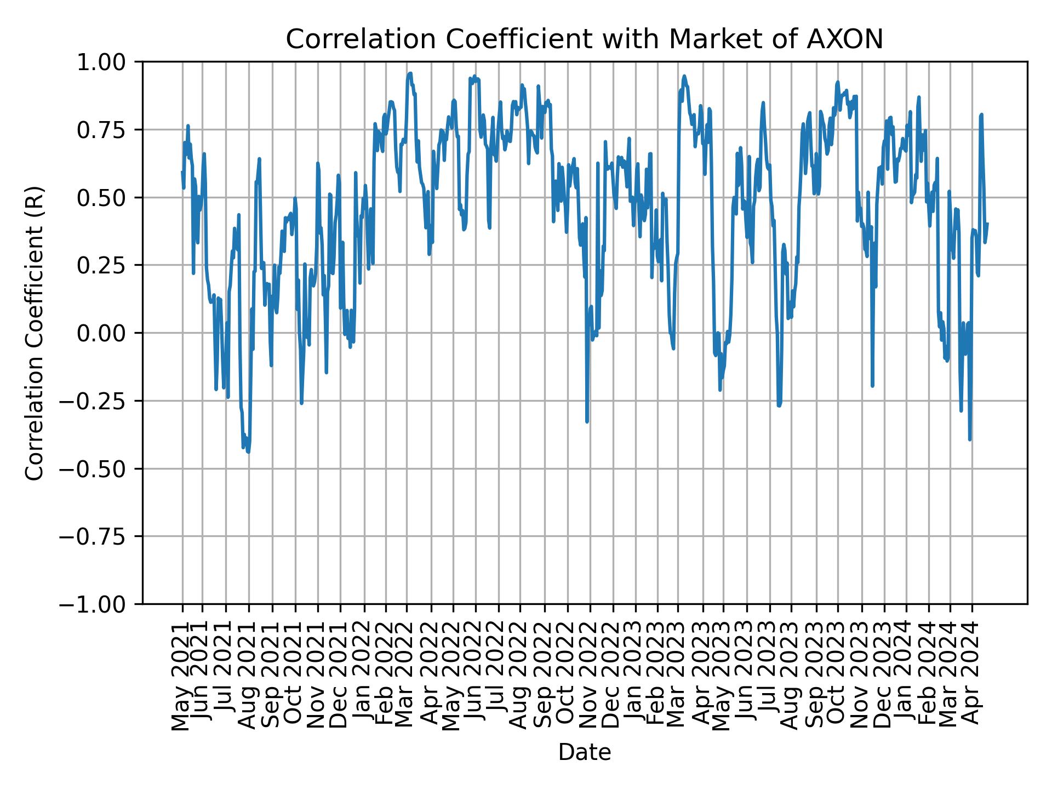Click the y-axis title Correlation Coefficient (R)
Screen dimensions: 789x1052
34,333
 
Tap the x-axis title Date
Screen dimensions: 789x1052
585,753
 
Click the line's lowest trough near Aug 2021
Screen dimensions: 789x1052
248,452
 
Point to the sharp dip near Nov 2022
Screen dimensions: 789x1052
587,421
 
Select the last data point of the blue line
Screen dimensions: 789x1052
987,224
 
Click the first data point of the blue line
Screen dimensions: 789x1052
182,171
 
